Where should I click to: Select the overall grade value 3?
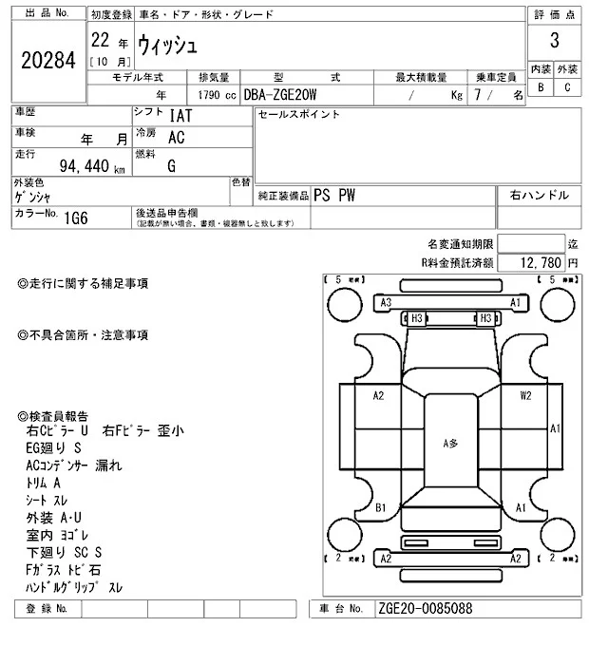(x=554, y=44)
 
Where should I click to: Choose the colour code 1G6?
(x=77, y=218)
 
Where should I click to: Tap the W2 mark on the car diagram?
(x=525, y=395)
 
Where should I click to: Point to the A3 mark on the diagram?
(x=386, y=303)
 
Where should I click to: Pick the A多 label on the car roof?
(x=450, y=443)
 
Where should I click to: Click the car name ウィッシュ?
(x=168, y=43)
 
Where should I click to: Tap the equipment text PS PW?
(x=336, y=195)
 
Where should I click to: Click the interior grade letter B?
(x=541, y=87)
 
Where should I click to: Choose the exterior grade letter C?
(x=567, y=87)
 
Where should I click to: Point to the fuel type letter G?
(x=171, y=166)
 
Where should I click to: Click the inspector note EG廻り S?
(x=54, y=446)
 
